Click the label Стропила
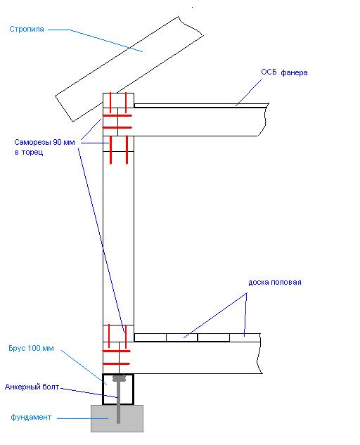[x=27, y=29]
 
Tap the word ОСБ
[x=269, y=72]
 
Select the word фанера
[x=294, y=72]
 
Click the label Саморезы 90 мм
[x=44, y=142]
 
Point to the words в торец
[x=29, y=152]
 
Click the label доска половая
[x=275, y=283]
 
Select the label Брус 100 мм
[x=31, y=348]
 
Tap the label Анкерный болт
[x=32, y=387]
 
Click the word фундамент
[x=31, y=417]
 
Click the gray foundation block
[x=117, y=418]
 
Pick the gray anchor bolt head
[x=120, y=378]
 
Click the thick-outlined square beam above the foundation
[x=118, y=389]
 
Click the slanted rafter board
[x=129, y=69]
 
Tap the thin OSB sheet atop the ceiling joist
[x=201, y=105]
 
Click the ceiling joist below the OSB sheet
[x=200, y=122]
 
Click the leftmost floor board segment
[x=150, y=337]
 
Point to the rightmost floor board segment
[x=245, y=337]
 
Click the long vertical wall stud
[x=118, y=238]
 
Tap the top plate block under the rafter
[x=118, y=101]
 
